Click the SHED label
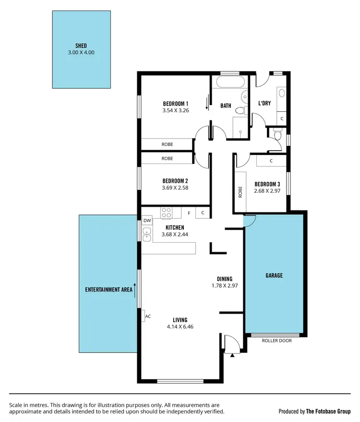81,46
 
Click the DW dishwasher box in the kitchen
147,221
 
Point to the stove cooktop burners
167,212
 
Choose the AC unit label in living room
148,316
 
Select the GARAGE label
274,276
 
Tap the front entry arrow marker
232,355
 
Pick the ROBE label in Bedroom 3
240,192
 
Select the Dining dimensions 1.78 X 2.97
225,285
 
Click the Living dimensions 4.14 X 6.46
180,327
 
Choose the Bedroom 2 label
175,181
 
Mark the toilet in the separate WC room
277,136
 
